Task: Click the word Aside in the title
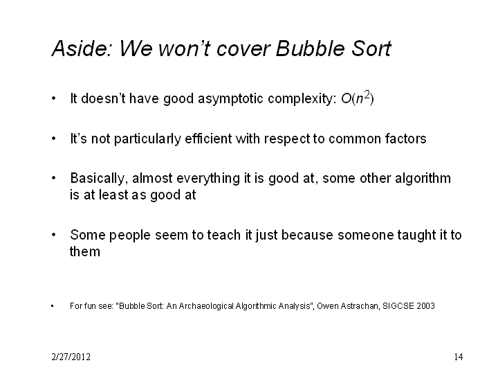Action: pos(82,48)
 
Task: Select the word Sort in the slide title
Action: pos(371,48)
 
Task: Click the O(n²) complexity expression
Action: pos(358,98)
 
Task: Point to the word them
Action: pos(85,251)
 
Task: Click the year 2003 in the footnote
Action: pos(425,306)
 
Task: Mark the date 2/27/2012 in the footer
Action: pos(71,357)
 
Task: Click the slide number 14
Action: pos(459,357)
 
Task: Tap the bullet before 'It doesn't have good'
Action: pos(53,98)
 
